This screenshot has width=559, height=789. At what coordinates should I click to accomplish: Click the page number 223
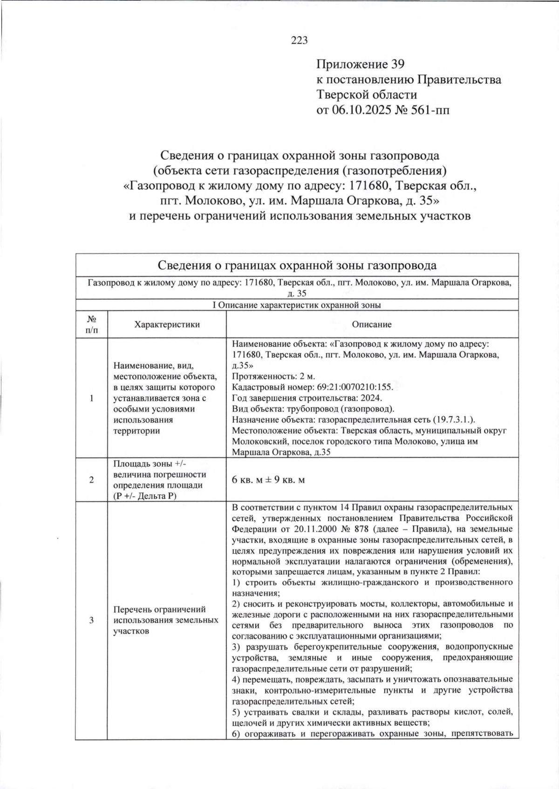pyautogui.click(x=299, y=40)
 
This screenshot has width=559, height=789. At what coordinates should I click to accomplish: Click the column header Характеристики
pyautogui.click(x=167, y=324)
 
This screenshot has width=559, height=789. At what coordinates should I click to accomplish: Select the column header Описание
pyautogui.click(x=371, y=324)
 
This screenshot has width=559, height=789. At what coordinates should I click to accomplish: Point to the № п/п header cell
pyautogui.click(x=92, y=324)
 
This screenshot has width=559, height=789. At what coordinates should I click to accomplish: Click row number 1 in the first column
pyautogui.click(x=92, y=398)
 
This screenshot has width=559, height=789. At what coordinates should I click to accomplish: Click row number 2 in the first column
pyautogui.click(x=92, y=480)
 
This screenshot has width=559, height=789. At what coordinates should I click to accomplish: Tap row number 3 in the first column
pyautogui.click(x=92, y=620)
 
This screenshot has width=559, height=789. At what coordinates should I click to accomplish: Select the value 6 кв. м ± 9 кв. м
pyautogui.click(x=268, y=480)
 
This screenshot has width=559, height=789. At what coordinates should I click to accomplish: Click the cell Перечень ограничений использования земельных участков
pyautogui.click(x=166, y=620)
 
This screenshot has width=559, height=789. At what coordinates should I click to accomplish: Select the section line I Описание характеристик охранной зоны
pyautogui.click(x=296, y=305)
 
